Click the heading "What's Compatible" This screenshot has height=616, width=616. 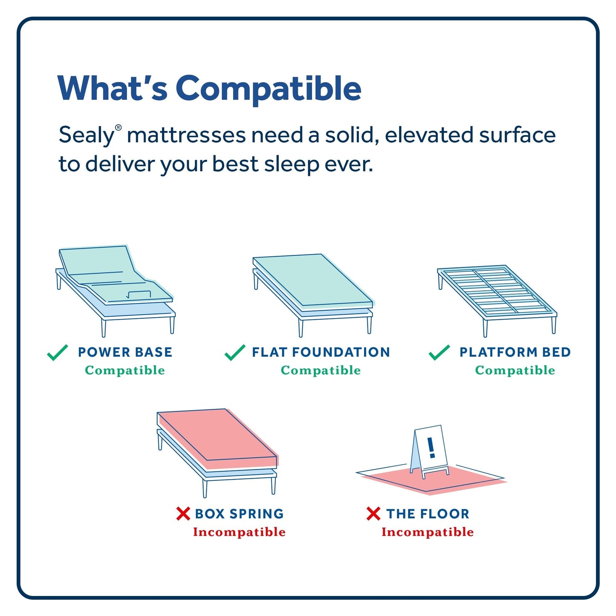[x=209, y=88]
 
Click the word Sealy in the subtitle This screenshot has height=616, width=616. [x=87, y=136]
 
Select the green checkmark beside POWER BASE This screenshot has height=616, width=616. [x=57, y=353]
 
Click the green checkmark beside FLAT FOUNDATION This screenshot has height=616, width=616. [x=234, y=353]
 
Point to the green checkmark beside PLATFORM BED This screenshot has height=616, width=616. [x=439, y=353]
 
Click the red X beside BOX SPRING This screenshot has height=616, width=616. [x=183, y=514]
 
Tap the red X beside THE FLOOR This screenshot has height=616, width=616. [x=373, y=514]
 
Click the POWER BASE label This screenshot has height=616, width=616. [x=125, y=352]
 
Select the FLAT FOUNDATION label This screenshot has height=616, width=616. [x=321, y=352]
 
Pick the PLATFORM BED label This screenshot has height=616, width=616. [x=515, y=352]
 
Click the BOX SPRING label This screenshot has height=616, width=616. [x=239, y=514]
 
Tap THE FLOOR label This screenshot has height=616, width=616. [x=428, y=514]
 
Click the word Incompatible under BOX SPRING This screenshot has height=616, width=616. [x=239, y=532]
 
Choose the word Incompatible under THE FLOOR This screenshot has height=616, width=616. [x=428, y=532]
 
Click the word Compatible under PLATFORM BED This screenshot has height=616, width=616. [x=515, y=370]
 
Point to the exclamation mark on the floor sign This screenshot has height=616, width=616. [x=431, y=447]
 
